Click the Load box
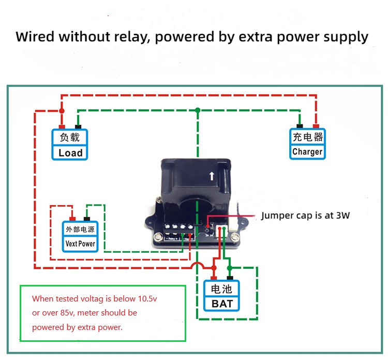pos(70,145)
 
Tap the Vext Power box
pos(80,237)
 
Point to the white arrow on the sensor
pos(212,176)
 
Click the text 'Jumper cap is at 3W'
pos(305,215)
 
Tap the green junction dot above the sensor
pos(198,110)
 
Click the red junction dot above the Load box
pos(62,111)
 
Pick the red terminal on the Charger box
pos(316,126)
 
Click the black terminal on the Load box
pos(78,126)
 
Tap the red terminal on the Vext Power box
pos(72,219)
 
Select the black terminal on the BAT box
pos(230,278)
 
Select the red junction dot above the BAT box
pos(214,268)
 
